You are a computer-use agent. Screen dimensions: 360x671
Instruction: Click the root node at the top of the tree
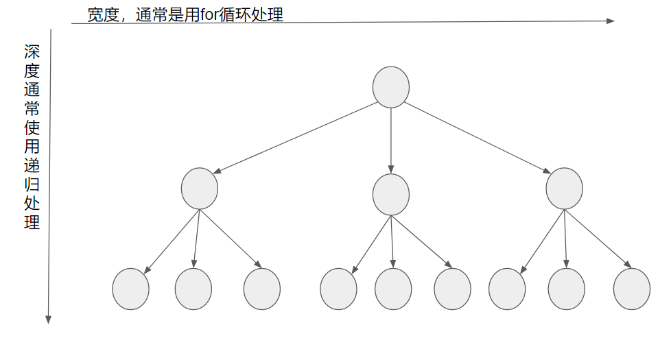point(391,87)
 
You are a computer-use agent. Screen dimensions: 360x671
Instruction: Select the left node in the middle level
point(200,189)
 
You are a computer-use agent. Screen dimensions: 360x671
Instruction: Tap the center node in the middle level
point(391,195)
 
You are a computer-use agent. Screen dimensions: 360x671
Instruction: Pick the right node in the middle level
point(564,189)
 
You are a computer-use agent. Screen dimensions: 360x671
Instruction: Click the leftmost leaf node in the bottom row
point(130,289)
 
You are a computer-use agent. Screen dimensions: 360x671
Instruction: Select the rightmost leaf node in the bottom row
point(631,289)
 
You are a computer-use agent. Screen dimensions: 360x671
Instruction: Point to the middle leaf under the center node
point(393,289)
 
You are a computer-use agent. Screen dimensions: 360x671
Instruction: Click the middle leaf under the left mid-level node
point(193,289)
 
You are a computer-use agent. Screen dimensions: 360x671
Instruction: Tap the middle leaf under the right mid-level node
point(566,289)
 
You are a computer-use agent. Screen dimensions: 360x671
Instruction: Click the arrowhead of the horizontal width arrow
point(611,21)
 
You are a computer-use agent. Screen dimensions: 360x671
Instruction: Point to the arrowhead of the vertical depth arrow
point(49,319)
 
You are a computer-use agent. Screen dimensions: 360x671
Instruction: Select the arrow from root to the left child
point(295,138)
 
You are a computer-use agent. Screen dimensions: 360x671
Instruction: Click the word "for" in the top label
point(209,15)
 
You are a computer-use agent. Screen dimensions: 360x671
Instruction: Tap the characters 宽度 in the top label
point(101,15)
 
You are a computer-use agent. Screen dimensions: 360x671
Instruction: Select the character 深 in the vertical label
point(32,52)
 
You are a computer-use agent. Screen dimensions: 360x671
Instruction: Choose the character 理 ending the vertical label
point(32,222)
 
